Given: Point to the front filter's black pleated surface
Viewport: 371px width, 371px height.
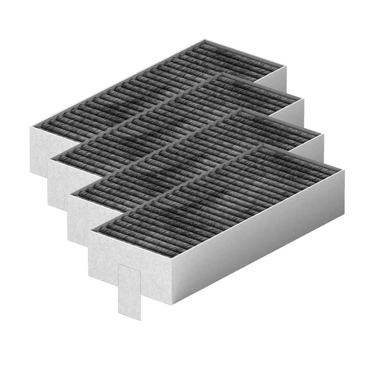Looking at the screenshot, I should tap(216, 198).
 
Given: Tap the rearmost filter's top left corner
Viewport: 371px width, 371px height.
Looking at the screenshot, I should tap(31, 126).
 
